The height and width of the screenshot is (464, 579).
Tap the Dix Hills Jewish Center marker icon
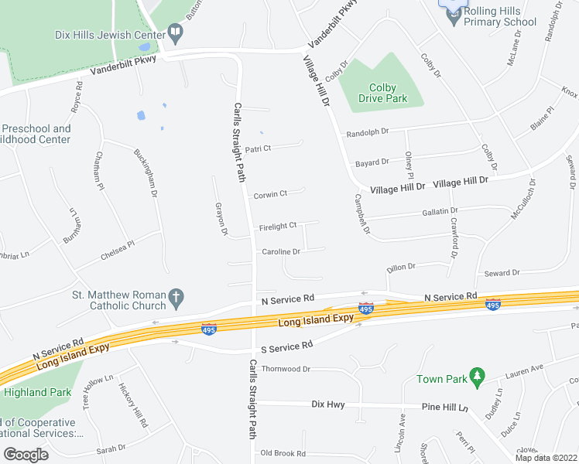(176, 33)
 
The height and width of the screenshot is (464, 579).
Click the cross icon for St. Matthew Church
(176, 297)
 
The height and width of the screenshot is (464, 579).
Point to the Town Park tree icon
(478, 377)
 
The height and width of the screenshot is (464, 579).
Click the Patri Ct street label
(258, 148)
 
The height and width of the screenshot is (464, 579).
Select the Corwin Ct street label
(270, 194)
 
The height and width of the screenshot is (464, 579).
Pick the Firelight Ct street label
(278, 226)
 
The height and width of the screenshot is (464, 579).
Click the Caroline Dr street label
(281, 252)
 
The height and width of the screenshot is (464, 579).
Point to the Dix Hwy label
(327, 404)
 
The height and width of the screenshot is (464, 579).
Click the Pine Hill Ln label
(445, 407)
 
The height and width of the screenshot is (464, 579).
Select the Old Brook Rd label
(283, 453)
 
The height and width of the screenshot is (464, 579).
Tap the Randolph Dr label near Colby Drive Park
(368, 132)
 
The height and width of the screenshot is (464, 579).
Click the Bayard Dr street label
(372, 162)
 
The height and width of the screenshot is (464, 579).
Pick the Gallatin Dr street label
(440, 210)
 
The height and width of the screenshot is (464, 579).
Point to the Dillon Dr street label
(401, 267)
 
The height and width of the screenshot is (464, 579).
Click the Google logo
(26, 455)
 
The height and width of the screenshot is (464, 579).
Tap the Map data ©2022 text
(546, 458)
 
